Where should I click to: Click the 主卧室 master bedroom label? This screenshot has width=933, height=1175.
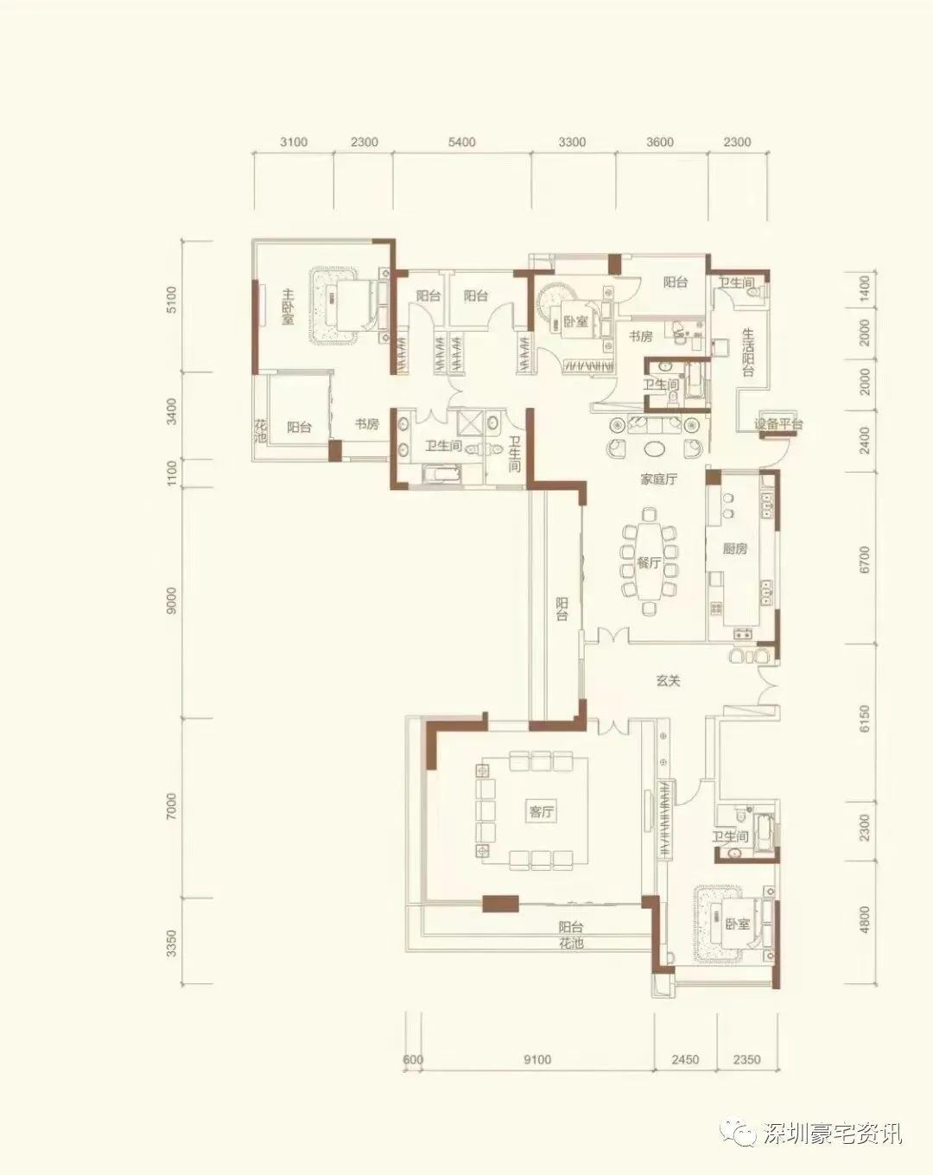pyautogui.click(x=288, y=307)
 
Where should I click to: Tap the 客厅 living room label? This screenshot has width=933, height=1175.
pyautogui.click(x=541, y=812)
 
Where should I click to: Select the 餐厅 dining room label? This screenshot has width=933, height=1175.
pyautogui.click(x=649, y=562)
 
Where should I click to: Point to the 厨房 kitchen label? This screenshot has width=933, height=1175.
pyautogui.click(x=735, y=549)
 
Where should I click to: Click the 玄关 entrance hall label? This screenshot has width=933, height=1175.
pyautogui.click(x=669, y=681)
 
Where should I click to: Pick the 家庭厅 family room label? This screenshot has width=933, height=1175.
pyautogui.click(x=659, y=480)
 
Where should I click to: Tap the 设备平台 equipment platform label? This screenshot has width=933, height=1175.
pyautogui.click(x=778, y=423)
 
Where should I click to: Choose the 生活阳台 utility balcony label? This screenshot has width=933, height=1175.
pyautogui.click(x=748, y=352)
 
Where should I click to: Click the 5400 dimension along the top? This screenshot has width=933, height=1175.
pyautogui.click(x=461, y=142)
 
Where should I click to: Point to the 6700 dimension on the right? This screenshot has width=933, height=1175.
pyautogui.click(x=864, y=559)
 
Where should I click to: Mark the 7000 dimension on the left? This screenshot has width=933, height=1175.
pyautogui.click(x=171, y=806)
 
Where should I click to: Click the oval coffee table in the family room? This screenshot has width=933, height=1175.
pyautogui.click(x=654, y=449)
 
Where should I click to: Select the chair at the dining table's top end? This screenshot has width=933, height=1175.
pyautogui.click(x=649, y=514)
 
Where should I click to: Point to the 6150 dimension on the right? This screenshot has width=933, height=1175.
pyautogui.click(x=864, y=718)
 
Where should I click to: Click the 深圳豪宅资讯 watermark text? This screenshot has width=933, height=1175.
pyautogui.click(x=831, y=1133)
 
